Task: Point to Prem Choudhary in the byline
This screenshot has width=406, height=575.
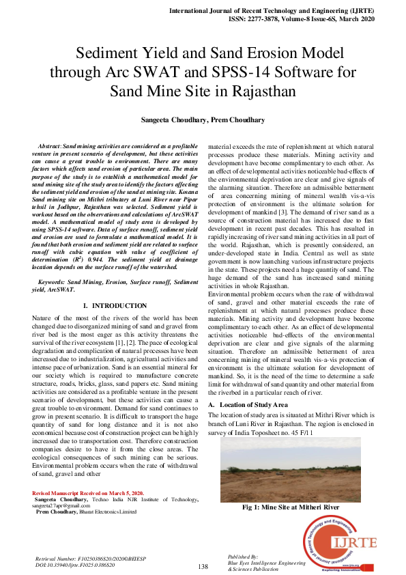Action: click(237, 120)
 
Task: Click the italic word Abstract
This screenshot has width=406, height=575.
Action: click(49, 147)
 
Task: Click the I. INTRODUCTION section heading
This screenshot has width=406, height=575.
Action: click(114, 305)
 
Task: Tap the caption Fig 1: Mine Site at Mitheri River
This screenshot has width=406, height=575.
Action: click(291, 507)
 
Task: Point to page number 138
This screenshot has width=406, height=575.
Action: click(203, 566)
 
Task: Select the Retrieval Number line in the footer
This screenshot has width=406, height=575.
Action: click(85, 559)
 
